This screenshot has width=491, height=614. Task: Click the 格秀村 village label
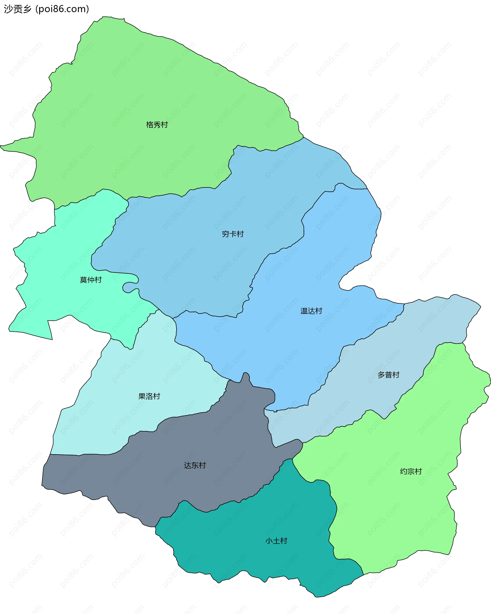click(x=157, y=125)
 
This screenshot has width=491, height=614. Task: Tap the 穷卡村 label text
click(x=233, y=234)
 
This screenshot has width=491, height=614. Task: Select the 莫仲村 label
click(x=91, y=280)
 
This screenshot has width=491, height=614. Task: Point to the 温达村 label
click(x=311, y=311)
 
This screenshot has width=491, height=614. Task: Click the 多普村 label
click(x=388, y=375)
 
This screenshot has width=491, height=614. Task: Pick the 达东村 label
click(x=195, y=465)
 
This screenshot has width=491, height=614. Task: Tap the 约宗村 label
click(x=411, y=471)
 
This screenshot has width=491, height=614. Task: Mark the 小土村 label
click(x=276, y=541)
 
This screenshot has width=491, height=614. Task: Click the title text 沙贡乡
click(x=18, y=9)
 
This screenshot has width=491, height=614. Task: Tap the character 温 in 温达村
click(x=304, y=311)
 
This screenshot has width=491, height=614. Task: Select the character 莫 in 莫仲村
click(x=83, y=280)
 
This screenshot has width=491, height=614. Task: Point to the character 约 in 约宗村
click(x=404, y=471)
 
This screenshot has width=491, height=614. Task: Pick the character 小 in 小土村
click(x=269, y=541)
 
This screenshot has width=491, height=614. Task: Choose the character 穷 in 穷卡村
click(x=226, y=234)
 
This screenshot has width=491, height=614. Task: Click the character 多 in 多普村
click(x=381, y=375)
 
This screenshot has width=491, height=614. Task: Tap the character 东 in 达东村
click(x=195, y=465)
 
